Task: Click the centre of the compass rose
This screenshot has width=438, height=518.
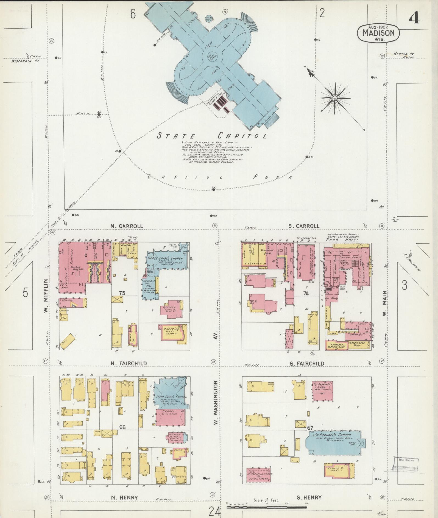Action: click(x=335, y=98)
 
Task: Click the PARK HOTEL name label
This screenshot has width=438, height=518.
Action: click(x=342, y=240)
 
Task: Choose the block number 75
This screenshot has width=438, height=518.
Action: click(x=122, y=293)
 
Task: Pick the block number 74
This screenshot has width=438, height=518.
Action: click(x=306, y=293)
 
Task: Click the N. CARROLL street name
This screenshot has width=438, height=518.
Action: click(x=127, y=226)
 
